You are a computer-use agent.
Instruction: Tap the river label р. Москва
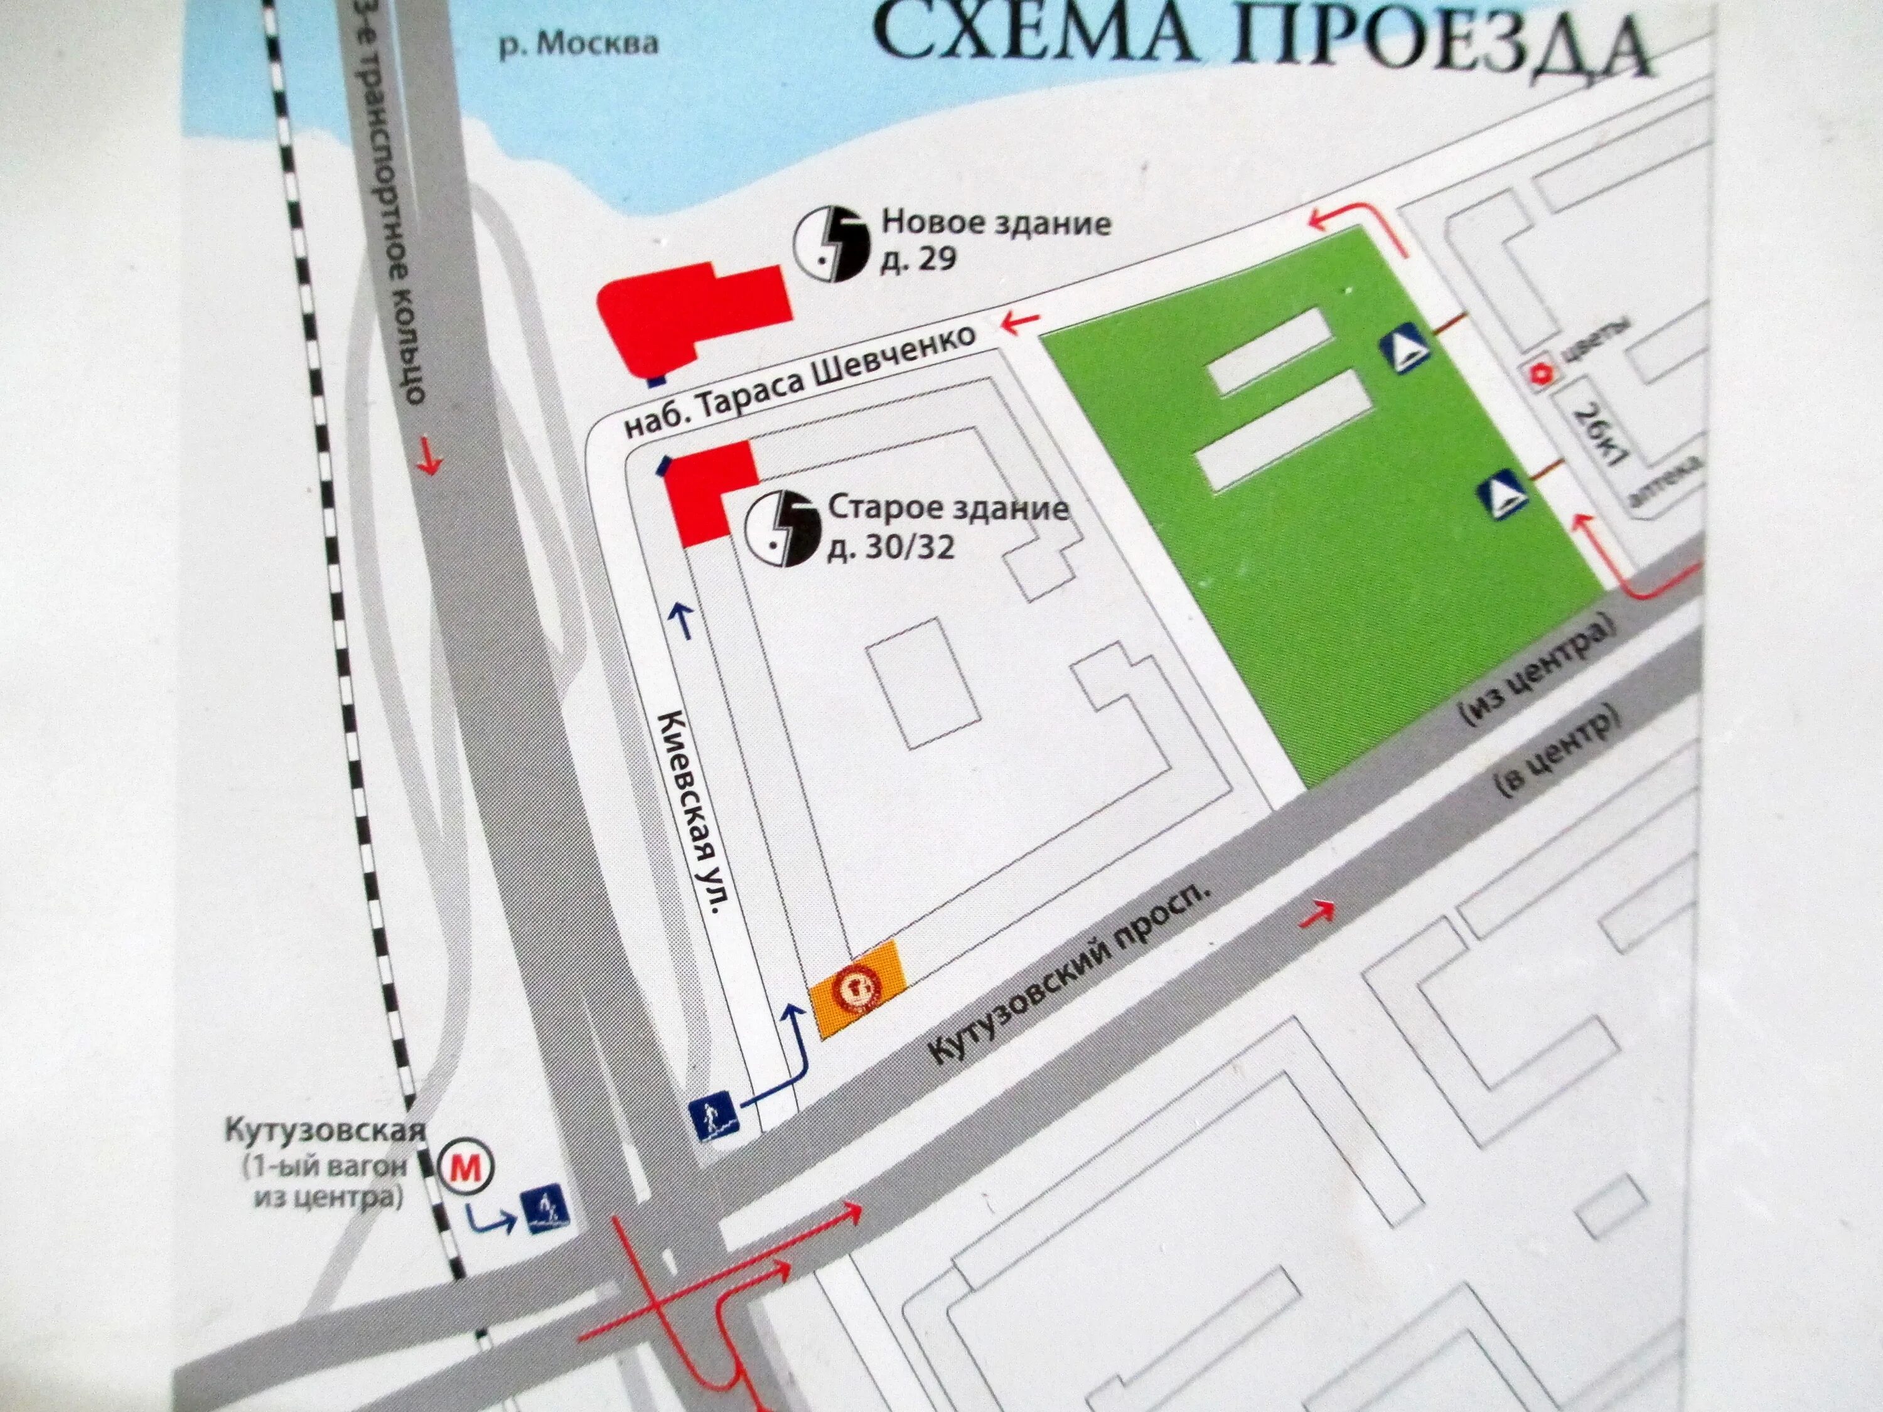click(578, 43)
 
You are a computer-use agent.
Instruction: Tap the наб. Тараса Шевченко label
click(800, 382)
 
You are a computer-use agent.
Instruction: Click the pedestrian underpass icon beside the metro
click(545, 1212)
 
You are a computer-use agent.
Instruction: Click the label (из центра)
click(1537, 671)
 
